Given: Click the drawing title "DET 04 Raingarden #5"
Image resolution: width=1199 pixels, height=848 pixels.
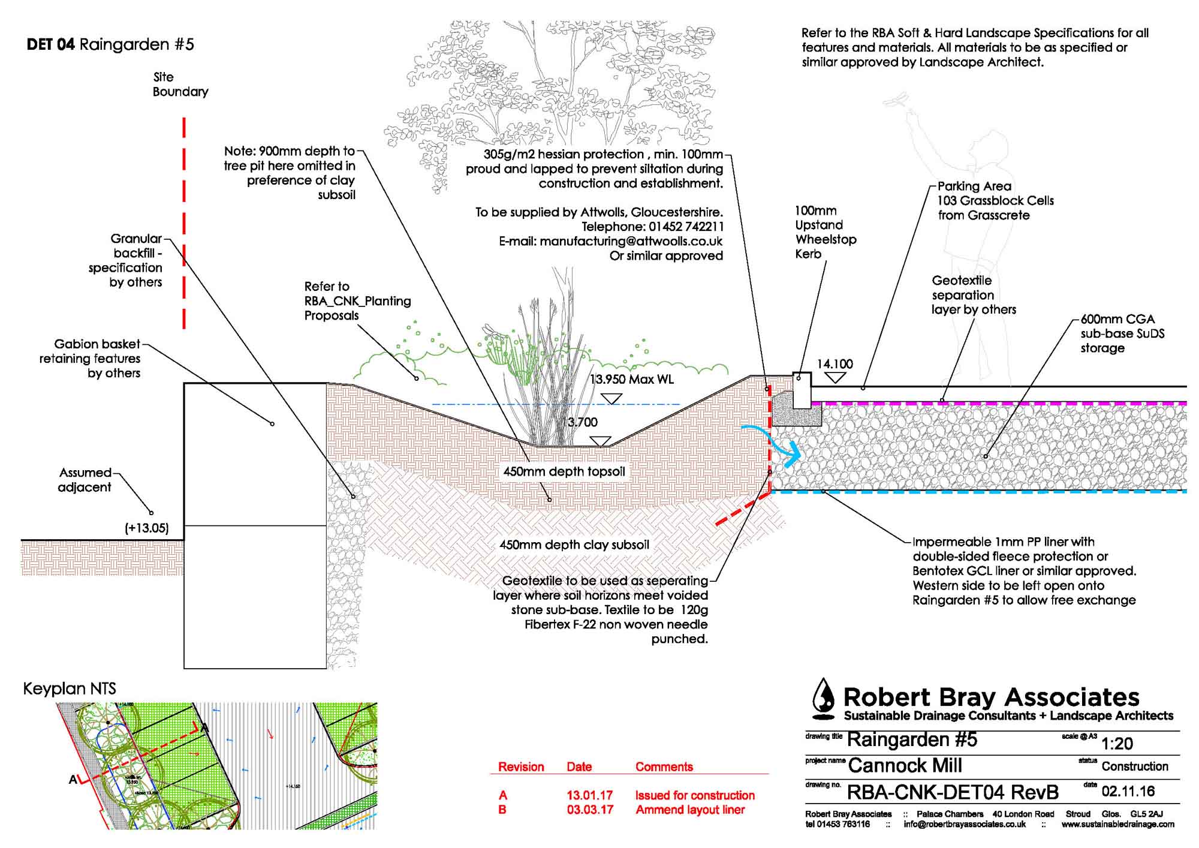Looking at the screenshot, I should [x=110, y=45].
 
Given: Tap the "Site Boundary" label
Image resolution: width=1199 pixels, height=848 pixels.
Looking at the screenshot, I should [x=180, y=85].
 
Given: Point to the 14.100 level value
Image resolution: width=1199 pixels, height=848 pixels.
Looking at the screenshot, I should [x=835, y=364].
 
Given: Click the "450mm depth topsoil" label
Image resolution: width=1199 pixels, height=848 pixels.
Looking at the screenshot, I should [x=564, y=472].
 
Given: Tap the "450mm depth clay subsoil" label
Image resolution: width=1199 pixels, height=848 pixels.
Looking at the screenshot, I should [x=574, y=545].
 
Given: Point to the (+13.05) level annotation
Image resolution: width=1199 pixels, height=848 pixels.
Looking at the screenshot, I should [x=147, y=528].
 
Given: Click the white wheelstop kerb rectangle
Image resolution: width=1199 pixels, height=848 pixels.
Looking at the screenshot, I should [x=802, y=390].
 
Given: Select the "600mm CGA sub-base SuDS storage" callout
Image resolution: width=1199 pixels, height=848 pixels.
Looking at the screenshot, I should [x=1122, y=333].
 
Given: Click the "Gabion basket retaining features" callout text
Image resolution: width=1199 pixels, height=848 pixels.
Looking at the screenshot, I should [x=91, y=359].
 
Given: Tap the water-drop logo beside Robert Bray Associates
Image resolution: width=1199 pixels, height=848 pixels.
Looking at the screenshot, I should [x=824, y=699].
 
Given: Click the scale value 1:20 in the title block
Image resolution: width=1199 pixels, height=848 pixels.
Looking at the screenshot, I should [x=1117, y=744].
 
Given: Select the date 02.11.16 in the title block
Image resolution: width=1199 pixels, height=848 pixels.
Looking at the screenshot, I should [x=1128, y=792].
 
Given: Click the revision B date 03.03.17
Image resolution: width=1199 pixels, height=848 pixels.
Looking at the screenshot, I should [x=590, y=810].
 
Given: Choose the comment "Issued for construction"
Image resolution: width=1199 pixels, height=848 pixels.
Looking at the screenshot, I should [x=695, y=795].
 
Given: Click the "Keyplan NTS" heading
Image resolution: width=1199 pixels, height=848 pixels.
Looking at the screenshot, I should [x=70, y=689].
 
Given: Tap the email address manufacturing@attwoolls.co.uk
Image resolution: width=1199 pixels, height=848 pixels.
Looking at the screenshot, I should [x=631, y=242].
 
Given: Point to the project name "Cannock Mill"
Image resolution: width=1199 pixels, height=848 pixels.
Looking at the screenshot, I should [x=905, y=766].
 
